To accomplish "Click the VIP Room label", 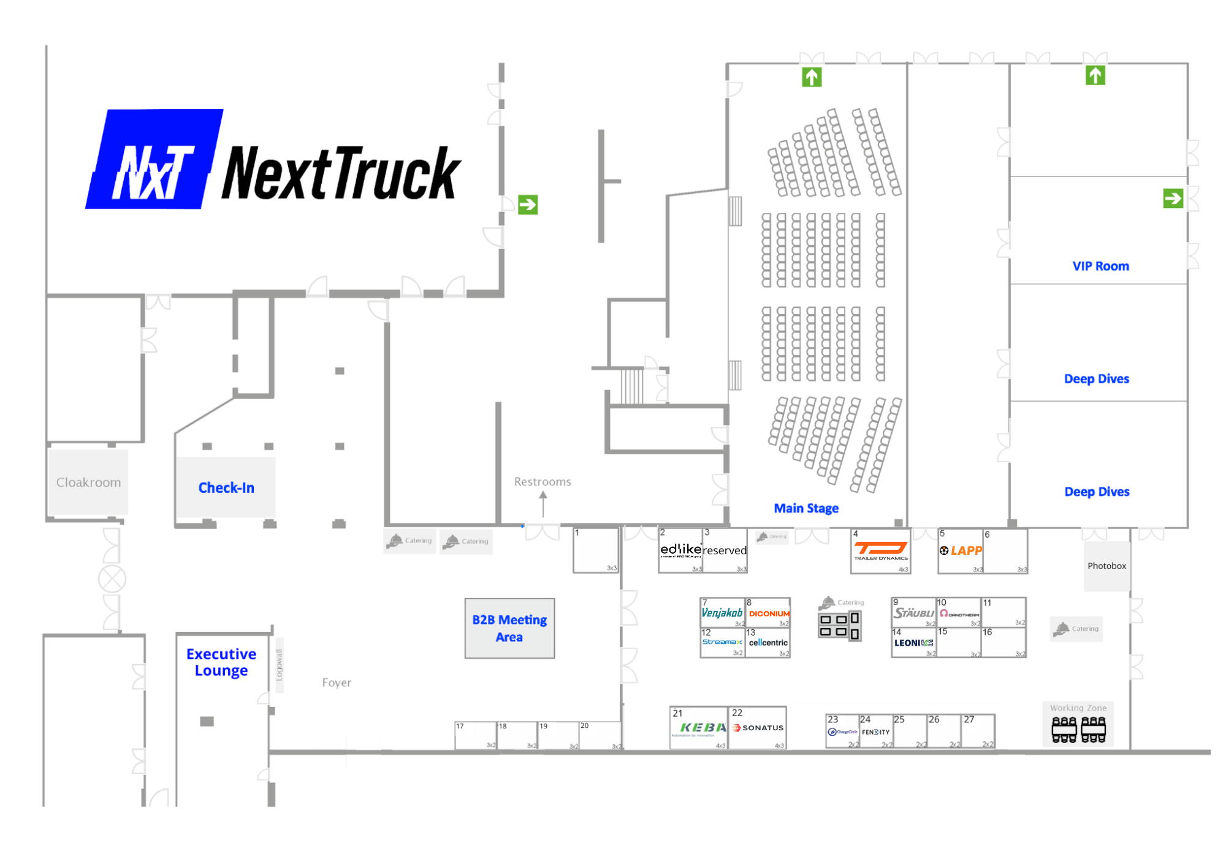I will click(1100, 266).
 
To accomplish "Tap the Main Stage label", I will click(805, 508).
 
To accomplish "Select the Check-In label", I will click(226, 487).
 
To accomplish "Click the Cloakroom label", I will click(88, 482).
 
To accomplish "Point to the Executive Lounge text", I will click(221, 662).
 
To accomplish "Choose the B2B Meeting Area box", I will click(509, 628).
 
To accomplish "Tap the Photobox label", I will click(1106, 565).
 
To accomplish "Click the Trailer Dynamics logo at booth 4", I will click(880, 550).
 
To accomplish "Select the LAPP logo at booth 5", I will click(961, 551).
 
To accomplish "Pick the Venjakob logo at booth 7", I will click(722, 613).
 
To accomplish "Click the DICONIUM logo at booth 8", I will click(769, 613).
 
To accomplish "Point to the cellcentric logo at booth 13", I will click(768, 643).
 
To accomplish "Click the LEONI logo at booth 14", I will click(913, 643).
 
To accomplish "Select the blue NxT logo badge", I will click(153, 159).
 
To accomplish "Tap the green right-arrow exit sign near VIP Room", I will click(1173, 199).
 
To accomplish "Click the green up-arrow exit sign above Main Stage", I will click(812, 77).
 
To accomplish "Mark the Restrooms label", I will click(543, 481).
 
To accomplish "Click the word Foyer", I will click(337, 682).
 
